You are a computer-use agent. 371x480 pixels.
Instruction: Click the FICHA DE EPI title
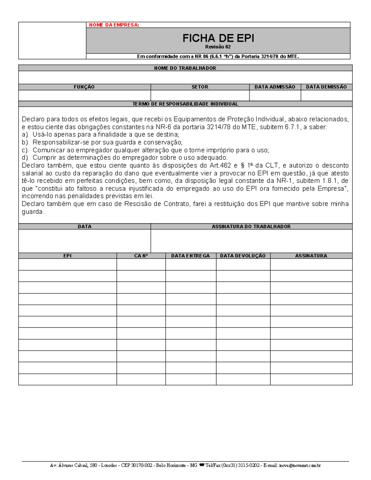(x=218, y=38)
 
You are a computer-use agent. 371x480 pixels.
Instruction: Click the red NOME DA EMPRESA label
(x=114, y=25)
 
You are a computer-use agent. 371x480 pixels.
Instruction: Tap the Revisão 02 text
(x=218, y=47)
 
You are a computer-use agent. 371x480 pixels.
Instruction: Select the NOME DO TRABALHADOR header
(x=185, y=68)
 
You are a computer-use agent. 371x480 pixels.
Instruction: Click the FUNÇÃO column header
(x=84, y=87)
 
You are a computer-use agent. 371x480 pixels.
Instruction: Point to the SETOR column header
(x=200, y=87)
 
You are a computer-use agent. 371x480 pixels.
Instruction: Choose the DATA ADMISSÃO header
(x=275, y=87)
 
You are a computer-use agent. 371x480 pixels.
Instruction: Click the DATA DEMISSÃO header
(x=326, y=87)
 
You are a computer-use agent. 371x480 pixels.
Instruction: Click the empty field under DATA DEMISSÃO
(x=326, y=96)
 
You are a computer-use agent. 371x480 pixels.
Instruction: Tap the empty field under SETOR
(x=200, y=96)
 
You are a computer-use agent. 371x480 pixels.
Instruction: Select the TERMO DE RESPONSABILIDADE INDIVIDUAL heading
(x=185, y=104)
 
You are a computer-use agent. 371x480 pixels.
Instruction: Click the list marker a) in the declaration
(x=25, y=135)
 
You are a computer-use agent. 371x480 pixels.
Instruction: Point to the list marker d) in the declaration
(x=25, y=158)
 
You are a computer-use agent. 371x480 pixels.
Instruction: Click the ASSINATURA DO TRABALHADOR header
(x=251, y=227)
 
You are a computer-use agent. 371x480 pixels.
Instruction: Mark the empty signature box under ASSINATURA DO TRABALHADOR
(x=251, y=241)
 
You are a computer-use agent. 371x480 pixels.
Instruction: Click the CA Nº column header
(x=141, y=256)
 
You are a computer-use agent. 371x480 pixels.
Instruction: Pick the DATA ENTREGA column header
(x=190, y=256)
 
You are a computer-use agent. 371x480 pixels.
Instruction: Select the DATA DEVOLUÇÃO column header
(x=243, y=256)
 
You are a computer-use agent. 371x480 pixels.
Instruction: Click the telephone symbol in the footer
(x=202, y=465)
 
